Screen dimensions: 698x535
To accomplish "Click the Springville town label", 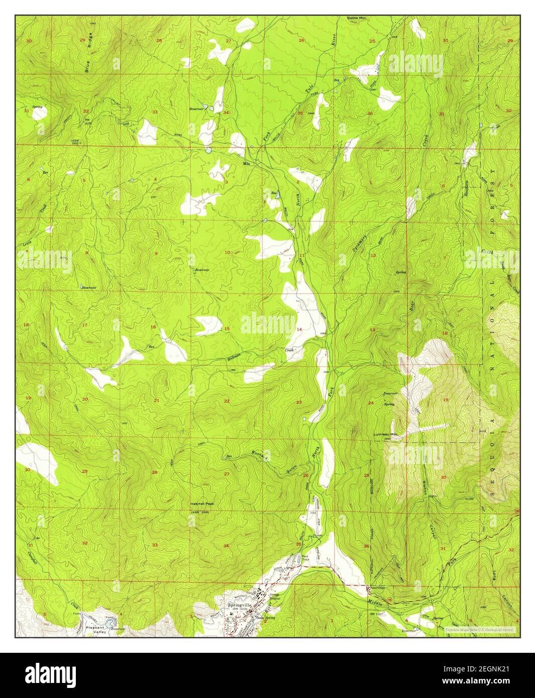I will (x=240, y=605).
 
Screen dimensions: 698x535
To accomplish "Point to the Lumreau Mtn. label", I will (x=385, y=434).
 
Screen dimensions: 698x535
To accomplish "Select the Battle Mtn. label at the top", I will (x=358, y=18).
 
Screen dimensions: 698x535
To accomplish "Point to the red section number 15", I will (x=227, y=329).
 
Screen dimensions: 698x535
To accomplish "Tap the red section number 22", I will (x=227, y=401).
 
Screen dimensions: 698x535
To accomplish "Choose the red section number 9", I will (x=155, y=253).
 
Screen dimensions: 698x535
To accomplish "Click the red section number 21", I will (x=156, y=401).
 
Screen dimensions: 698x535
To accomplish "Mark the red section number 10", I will (x=227, y=253).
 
